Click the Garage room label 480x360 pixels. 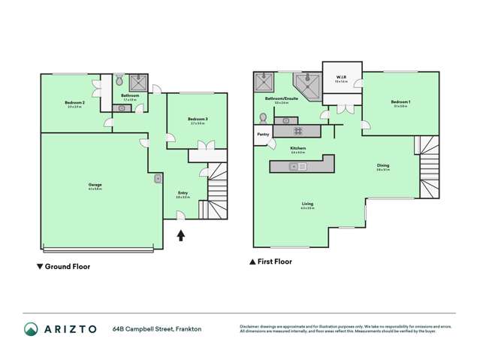point(95,185)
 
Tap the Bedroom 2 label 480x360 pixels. point(73,102)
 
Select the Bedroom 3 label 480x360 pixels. point(198,119)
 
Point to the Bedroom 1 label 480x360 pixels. point(399,102)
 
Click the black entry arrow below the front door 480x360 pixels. point(180,236)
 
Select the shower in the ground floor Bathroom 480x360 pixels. point(138,82)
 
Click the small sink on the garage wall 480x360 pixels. point(158,179)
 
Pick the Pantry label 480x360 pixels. point(263,135)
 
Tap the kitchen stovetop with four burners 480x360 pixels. point(287,131)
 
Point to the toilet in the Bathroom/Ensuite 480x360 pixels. point(262,118)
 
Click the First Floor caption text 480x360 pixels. point(275,262)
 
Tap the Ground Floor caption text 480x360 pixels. point(68,266)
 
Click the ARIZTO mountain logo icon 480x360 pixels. point(32,329)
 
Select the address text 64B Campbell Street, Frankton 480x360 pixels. point(158,329)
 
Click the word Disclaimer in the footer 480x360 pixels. point(250,326)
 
